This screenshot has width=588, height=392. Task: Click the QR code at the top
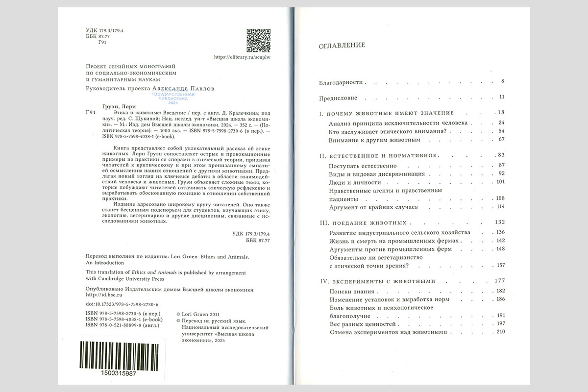(258, 41)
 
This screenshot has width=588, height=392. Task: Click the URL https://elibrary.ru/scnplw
(243, 57)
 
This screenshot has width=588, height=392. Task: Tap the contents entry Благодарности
(340, 81)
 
